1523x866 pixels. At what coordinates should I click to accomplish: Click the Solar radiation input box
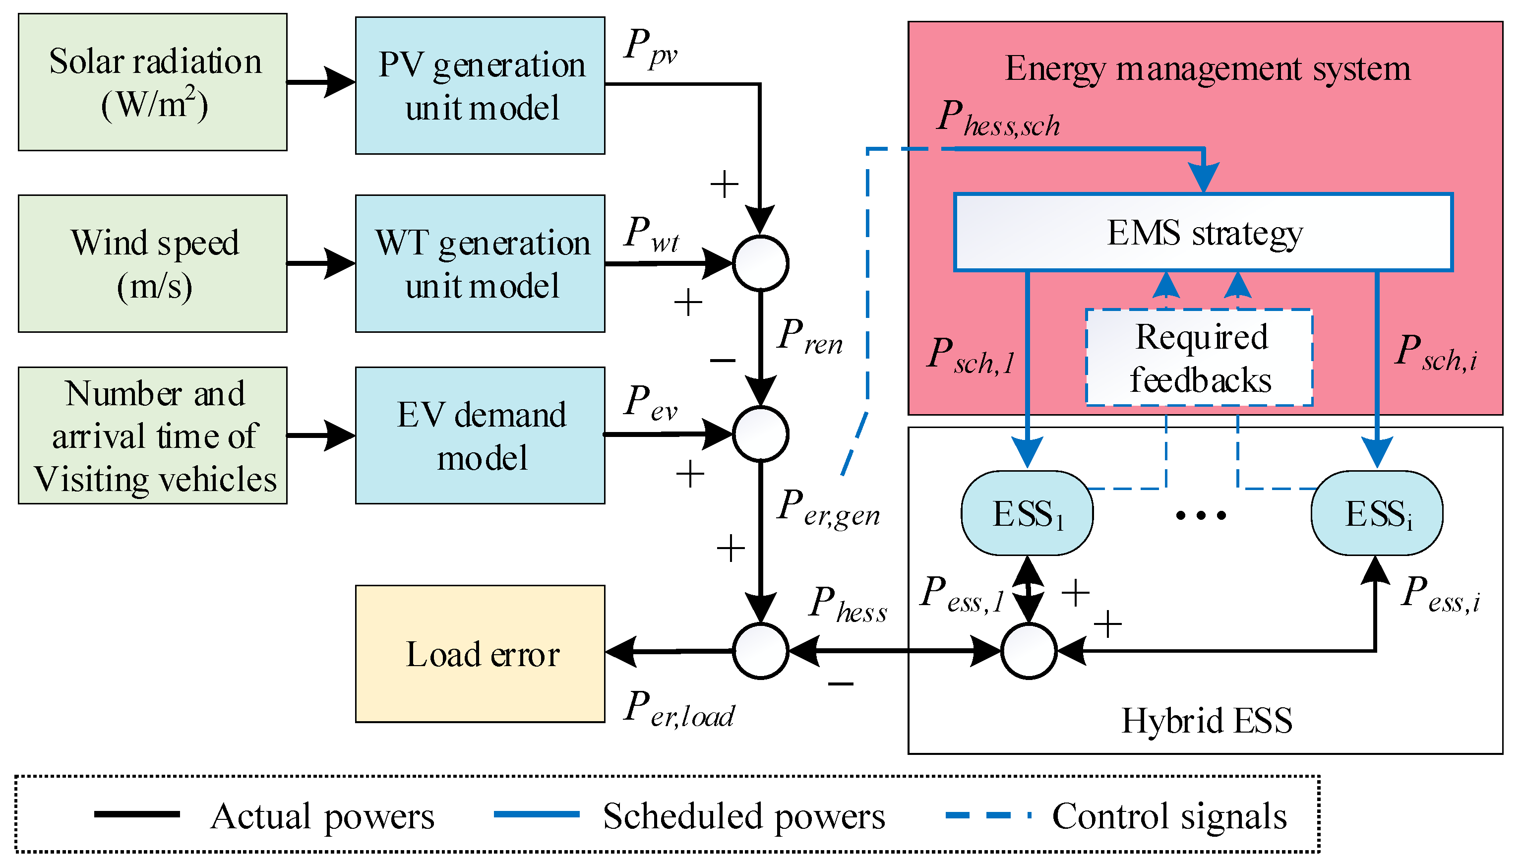pyautogui.click(x=152, y=82)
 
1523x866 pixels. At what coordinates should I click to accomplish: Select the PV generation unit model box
pyautogui.click(x=480, y=86)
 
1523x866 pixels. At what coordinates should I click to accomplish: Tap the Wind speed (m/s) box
pyautogui.click(x=152, y=263)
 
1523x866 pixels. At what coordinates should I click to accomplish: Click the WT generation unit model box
pyautogui.click(x=480, y=263)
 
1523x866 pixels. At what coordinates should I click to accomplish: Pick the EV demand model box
pyautogui.click(x=480, y=435)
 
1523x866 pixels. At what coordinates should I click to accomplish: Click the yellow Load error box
pyautogui.click(x=480, y=654)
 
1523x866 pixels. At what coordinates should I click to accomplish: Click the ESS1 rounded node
pyautogui.click(x=1027, y=513)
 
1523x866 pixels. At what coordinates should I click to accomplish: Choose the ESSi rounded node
pyautogui.click(x=1377, y=513)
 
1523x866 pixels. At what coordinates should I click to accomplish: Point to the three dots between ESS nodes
pyautogui.click(x=1201, y=515)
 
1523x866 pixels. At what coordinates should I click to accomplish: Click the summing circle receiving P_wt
pyautogui.click(x=760, y=263)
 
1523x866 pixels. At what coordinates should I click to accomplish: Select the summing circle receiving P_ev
pyautogui.click(x=760, y=434)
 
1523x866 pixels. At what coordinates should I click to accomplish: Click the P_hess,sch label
pyautogui.click(x=999, y=119)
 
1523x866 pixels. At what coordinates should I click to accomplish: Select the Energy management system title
pyautogui.click(x=1207, y=68)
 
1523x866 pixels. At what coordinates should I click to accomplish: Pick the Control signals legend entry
pyautogui.click(x=1168, y=816)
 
